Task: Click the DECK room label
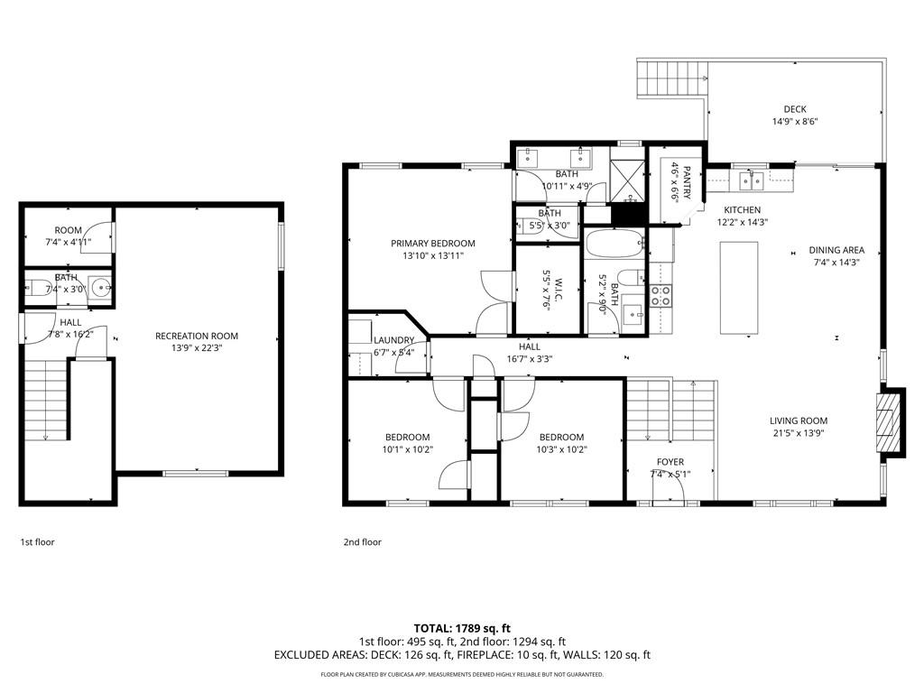[x=795, y=109]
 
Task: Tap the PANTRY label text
[x=686, y=183]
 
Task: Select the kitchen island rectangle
[x=739, y=288]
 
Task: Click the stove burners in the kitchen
[x=661, y=295]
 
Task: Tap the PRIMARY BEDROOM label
[x=433, y=244]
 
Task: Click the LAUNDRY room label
[x=393, y=340]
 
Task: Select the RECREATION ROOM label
[x=197, y=336]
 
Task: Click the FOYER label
[x=670, y=462]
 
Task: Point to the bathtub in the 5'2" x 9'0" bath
[x=614, y=244]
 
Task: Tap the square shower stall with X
[x=628, y=176]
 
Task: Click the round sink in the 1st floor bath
[x=102, y=289]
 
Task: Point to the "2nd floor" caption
[x=363, y=542]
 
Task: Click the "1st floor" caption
[x=38, y=542]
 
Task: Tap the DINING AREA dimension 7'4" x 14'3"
[x=836, y=263]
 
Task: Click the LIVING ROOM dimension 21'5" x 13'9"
[x=799, y=433]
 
